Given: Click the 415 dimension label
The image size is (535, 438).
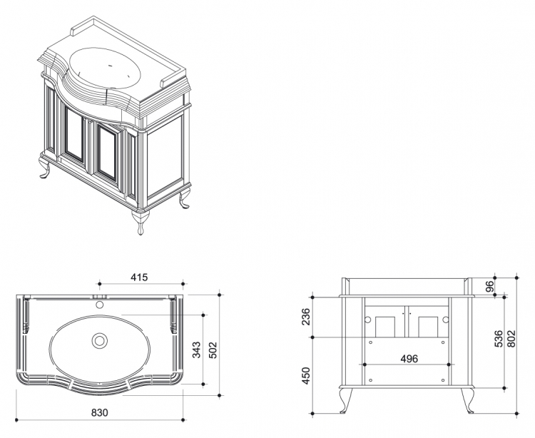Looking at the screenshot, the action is [139, 277].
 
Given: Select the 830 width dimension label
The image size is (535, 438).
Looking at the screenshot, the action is [100, 412].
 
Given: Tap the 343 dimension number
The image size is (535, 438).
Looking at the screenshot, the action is [196, 350].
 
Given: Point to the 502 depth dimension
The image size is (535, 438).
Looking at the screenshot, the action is [213, 350].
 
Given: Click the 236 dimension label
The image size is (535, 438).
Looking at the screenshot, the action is [307, 317].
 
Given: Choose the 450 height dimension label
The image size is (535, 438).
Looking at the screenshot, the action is [307, 375].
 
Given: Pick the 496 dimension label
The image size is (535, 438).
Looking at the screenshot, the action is [409, 359].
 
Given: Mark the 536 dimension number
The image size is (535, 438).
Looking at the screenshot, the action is [499, 338].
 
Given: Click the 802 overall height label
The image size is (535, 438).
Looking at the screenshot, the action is [511, 338].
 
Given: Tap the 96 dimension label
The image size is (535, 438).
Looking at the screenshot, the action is [489, 286].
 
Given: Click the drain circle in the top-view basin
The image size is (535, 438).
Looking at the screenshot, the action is [100, 340].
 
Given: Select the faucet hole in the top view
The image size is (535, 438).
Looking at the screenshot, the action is [100, 305].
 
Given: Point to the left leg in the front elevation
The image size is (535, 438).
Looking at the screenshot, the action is [345, 399].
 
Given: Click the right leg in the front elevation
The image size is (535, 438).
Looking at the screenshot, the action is [467, 399].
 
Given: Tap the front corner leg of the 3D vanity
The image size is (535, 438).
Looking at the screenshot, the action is [141, 222].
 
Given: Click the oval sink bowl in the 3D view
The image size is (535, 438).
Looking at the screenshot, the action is [105, 68].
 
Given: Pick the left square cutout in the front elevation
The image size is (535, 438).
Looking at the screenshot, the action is [385, 327].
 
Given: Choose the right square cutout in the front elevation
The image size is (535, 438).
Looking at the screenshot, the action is [428, 327].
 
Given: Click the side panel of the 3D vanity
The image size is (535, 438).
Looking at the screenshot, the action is [165, 157].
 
